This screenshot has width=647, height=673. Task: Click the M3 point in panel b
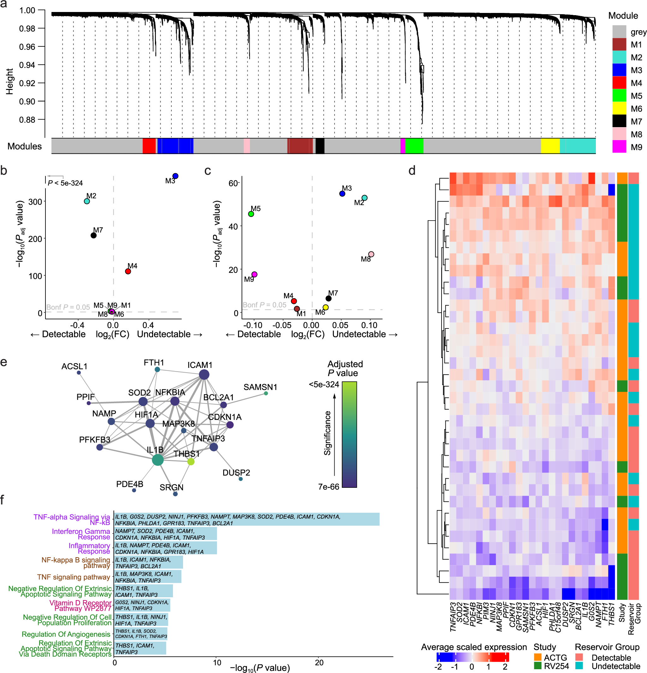pyautogui.click(x=175, y=176)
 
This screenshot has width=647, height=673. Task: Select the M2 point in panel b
pyautogui.click(x=87, y=201)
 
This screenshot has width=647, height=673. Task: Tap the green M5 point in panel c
pyautogui.click(x=251, y=214)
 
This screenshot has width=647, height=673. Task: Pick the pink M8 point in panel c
pyautogui.click(x=371, y=254)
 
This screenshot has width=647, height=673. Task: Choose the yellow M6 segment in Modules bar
pyautogui.click(x=550, y=146)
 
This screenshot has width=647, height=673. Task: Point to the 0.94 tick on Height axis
pyautogui.click(x=27, y=65)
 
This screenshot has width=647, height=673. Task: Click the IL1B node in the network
pyautogui.click(x=157, y=459)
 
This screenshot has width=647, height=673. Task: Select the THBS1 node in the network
pyautogui.click(x=191, y=462)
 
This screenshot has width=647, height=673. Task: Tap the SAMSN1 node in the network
pyautogui.click(x=266, y=393)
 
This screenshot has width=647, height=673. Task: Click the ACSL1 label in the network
pyautogui.click(x=74, y=366)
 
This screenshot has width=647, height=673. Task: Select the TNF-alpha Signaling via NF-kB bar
pyautogui.click(x=246, y=519)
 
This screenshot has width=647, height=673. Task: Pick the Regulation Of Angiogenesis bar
pyautogui.click(x=140, y=634)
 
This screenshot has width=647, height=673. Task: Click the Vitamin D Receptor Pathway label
pyautogui.click(x=81, y=605)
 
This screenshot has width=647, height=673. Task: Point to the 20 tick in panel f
pyautogui.click(x=319, y=662)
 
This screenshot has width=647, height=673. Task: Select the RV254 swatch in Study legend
pyautogui.click(x=538, y=666)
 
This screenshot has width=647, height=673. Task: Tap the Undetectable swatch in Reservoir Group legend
pyautogui.click(x=579, y=666)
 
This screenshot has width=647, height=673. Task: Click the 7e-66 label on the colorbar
pyautogui.click(x=328, y=487)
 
